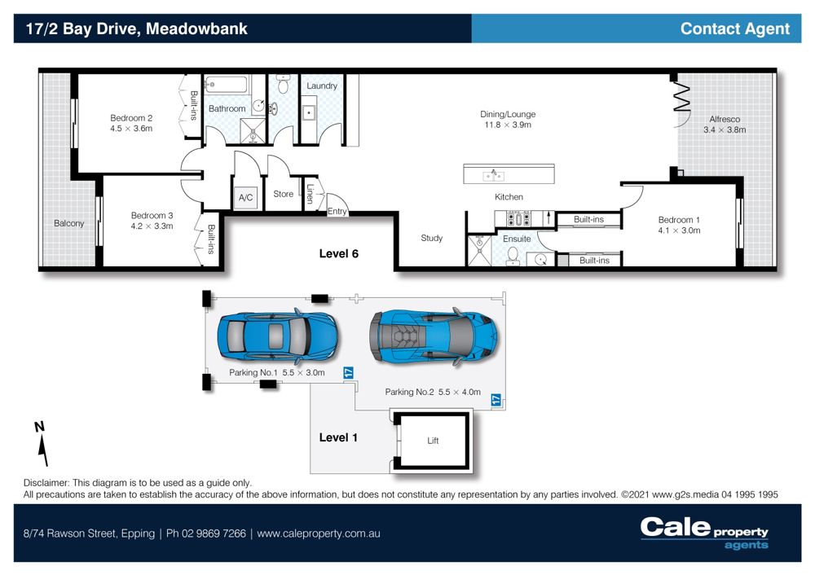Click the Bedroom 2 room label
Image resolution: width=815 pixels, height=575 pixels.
pos(131,118)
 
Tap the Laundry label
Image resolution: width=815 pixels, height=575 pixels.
pos(322,86)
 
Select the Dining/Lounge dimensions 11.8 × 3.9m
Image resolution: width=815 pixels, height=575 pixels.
pos(508,125)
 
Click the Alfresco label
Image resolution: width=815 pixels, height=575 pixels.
pos(725,119)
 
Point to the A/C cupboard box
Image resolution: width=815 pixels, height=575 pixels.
pos(246,197)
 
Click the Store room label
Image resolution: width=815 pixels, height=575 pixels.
pos(284,194)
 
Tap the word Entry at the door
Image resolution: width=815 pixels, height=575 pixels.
pos(337,211)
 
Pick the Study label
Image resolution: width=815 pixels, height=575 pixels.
pos(431,238)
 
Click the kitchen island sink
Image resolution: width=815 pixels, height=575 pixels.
pos(493,176)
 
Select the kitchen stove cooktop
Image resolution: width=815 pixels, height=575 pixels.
pos(518,218)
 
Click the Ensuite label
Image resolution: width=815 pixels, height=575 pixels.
pos(517,239)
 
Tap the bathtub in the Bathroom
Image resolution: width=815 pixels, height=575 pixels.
pos(226,84)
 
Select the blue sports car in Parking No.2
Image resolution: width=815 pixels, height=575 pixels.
pos(433,337)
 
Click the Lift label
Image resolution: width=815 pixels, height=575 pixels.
pos(433,441)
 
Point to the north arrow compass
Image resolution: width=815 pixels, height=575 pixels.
pos(42,443)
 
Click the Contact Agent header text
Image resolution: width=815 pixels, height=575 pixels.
pos(735,29)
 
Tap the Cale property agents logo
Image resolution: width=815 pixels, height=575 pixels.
pos(704,533)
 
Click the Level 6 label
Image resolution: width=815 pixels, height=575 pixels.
pos(338,253)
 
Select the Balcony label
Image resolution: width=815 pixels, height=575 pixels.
pos(68,223)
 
